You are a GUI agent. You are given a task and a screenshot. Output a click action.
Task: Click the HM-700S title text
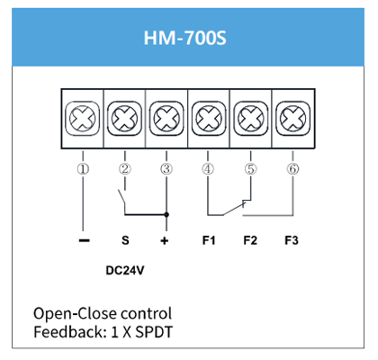[184, 38]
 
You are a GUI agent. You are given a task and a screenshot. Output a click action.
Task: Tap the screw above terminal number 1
[83, 118]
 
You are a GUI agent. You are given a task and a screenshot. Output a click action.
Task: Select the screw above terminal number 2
[124, 118]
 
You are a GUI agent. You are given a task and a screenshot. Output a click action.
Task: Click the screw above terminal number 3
[166, 118]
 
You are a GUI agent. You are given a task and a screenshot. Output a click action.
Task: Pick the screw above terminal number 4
[209, 118]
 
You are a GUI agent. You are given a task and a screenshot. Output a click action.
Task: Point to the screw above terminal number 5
[250, 118]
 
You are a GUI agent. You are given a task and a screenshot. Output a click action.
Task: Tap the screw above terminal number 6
[292, 118]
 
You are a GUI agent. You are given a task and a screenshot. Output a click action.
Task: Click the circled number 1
[83, 169]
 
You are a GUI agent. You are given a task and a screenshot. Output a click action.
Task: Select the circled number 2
[125, 169]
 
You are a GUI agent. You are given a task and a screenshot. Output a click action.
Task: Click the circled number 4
[208, 169]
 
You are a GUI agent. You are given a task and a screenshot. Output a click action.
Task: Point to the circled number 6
[292, 169]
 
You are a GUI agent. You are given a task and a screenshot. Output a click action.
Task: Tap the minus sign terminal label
[84, 240]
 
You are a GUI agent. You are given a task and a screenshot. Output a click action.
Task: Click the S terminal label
[125, 240]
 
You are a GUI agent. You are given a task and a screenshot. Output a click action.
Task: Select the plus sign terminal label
[165, 241]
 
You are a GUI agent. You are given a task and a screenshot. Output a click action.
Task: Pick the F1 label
[209, 240]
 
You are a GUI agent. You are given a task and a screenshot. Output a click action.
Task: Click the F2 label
[250, 240]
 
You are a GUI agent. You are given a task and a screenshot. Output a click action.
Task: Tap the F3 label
[292, 240]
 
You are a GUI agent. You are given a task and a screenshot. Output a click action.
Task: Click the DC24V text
[125, 271]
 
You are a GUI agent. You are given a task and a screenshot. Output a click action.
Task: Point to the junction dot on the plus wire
[166, 215]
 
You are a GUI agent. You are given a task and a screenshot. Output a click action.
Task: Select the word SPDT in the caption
[154, 332]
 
